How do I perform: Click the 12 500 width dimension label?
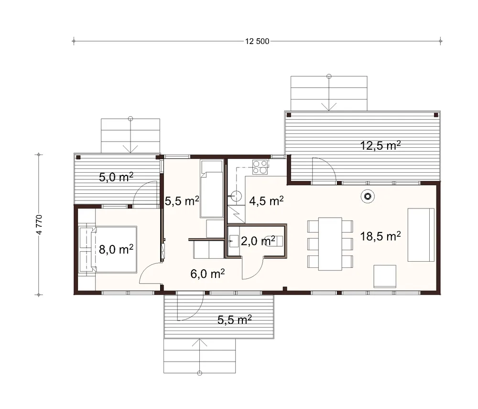coord(257,41)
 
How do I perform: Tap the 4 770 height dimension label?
coord(39,225)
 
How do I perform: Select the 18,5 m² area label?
coord(380,236)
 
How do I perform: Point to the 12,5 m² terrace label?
coord(380,145)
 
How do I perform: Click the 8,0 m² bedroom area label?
coord(116,249)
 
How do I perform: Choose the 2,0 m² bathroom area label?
coord(258,241)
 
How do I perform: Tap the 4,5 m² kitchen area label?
coord(266,201)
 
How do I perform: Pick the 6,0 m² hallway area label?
coord(207,274)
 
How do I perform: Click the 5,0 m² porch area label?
coord(116,177)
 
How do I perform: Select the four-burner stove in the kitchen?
coord(260,167)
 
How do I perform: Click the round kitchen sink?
coord(236,196)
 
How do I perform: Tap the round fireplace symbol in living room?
coord(368,197)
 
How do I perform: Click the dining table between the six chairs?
coord(330,244)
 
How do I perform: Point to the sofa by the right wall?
coord(421,235)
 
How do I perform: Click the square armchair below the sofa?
coord(385,276)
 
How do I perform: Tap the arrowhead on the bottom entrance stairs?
coord(200,343)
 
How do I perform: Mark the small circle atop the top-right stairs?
coord(329,76)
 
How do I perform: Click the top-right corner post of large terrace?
coord(436,115)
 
